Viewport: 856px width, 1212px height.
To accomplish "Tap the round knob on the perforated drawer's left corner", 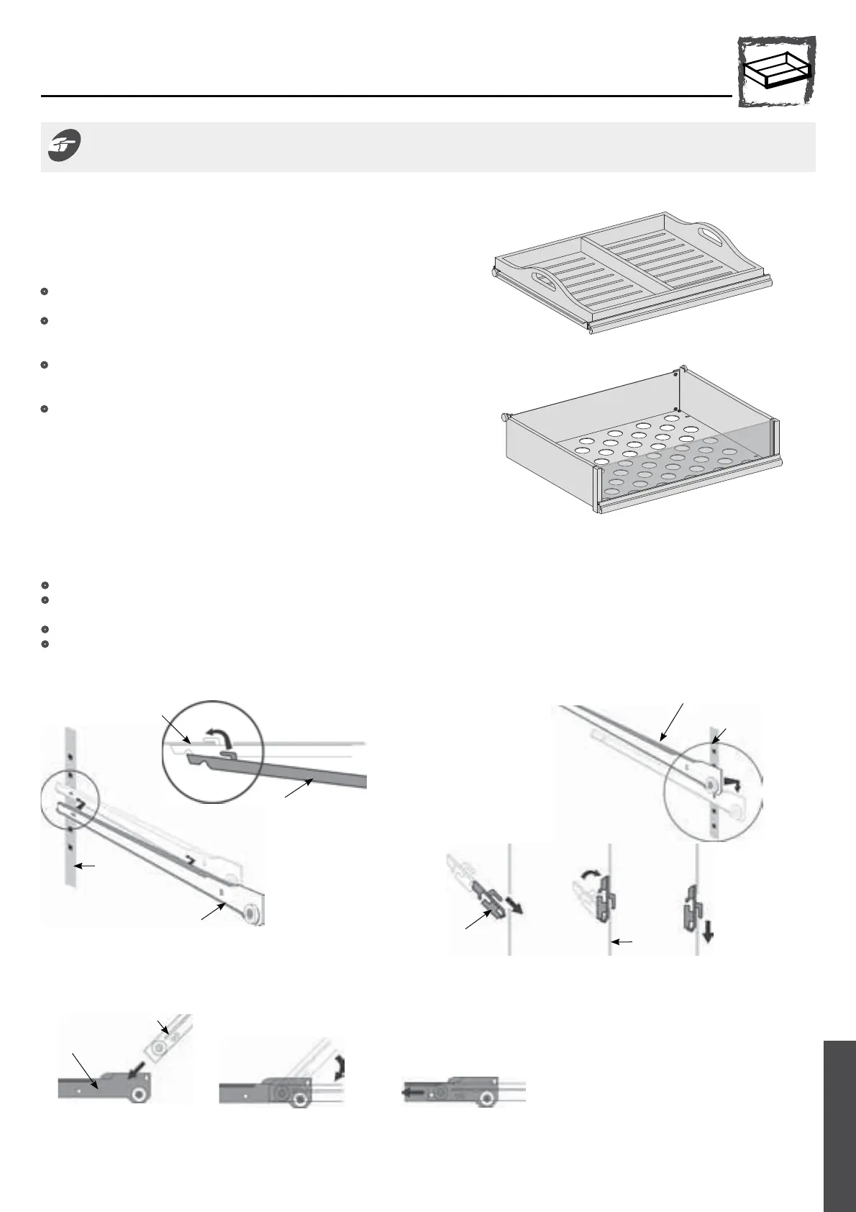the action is pyautogui.click(x=506, y=417).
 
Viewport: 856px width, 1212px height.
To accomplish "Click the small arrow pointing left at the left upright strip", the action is pyautogui.click(x=88, y=867).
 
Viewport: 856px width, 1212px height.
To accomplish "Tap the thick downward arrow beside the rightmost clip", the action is pyautogui.click(x=709, y=933).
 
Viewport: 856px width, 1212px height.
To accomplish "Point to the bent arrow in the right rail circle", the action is pyautogui.click(x=732, y=783).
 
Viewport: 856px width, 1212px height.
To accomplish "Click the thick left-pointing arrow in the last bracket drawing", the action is pyautogui.click(x=409, y=1090).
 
